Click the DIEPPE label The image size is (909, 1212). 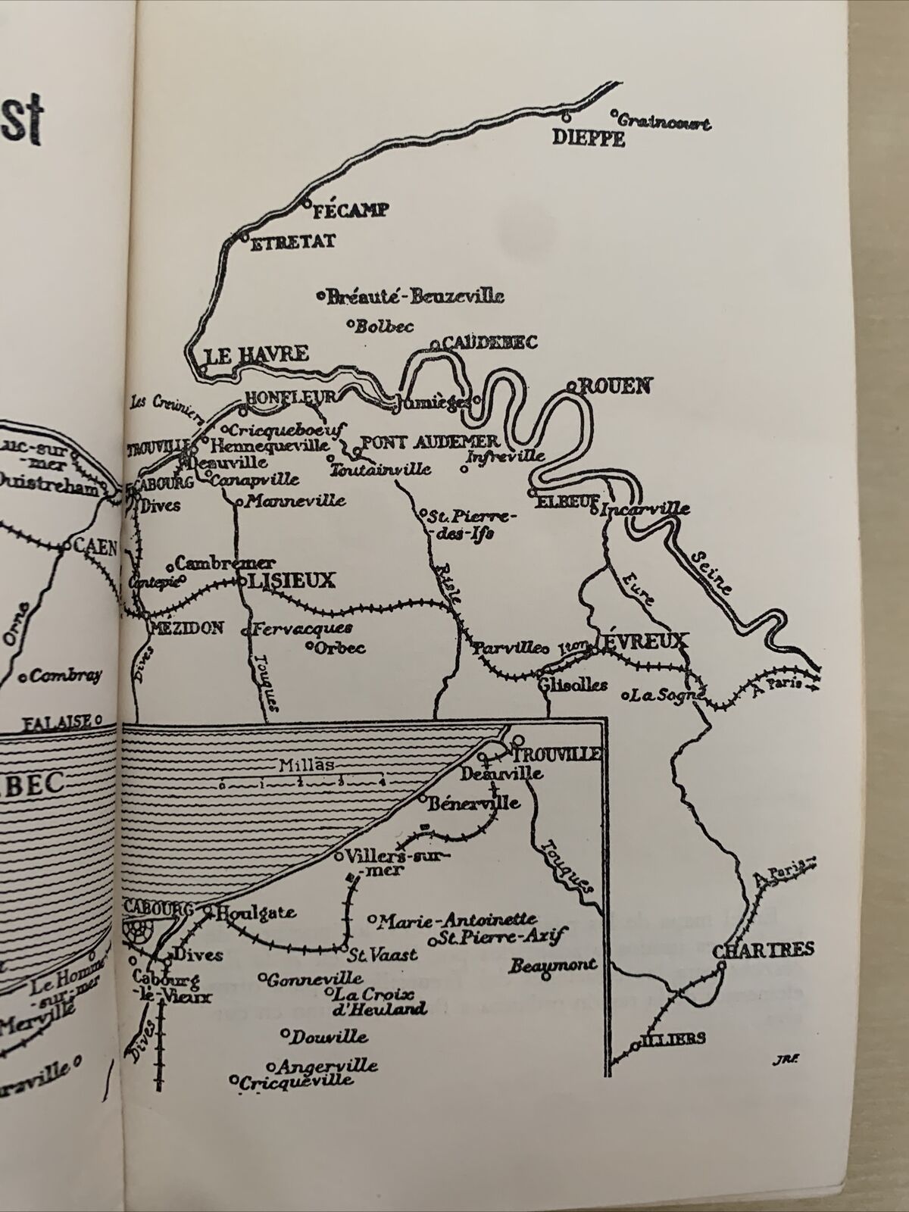[589, 139]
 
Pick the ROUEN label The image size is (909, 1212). [614, 386]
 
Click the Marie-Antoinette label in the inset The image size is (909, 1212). [457, 921]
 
